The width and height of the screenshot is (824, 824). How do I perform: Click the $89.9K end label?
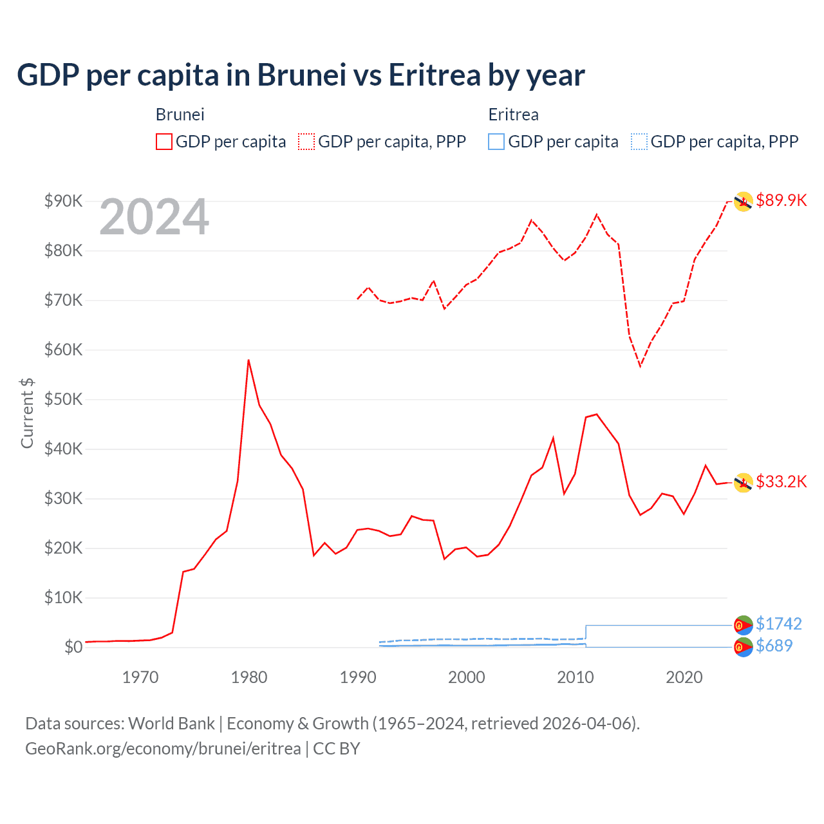(x=781, y=200)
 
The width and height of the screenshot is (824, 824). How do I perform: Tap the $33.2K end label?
(x=781, y=482)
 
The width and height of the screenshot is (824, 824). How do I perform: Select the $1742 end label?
(x=778, y=624)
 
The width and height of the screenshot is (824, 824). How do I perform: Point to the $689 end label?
(x=774, y=646)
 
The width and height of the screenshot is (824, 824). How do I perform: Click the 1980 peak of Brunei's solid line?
(x=248, y=360)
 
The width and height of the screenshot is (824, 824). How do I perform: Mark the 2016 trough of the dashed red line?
(x=640, y=366)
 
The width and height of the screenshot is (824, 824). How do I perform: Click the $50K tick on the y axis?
(x=63, y=399)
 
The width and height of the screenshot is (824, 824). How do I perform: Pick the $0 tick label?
(x=73, y=647)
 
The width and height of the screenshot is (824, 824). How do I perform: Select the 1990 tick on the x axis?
(x=358, y=677)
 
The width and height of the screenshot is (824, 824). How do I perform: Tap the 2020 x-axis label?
(x=684, y=677)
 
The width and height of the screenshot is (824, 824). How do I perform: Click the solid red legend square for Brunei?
(x=164, y=142)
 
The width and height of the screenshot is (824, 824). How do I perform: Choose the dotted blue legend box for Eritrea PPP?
(x=639, y=142)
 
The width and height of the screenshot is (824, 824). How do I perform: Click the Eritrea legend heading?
(x=513, y=115)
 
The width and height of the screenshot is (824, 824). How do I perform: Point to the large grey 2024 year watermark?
(x=154, y=217)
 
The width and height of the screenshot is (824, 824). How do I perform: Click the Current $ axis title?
(x=27, y=413)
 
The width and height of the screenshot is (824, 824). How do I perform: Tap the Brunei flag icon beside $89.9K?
(x=744, y=201)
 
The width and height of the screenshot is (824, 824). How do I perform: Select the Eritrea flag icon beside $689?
(x=744, y=647)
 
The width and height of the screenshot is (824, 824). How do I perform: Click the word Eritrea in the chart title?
(x=434, y=75)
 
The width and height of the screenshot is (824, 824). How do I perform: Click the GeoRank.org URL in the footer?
(x=163, y=749)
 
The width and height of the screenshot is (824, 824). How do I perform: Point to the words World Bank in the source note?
(x=171, y=724)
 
